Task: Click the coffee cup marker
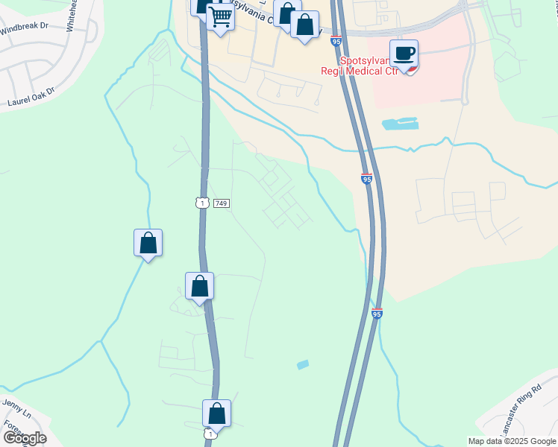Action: (404, 54)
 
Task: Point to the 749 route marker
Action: (220, 203)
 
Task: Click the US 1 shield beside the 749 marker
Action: (201, 203)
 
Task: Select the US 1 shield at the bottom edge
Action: (211, 434)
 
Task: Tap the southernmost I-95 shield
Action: (377, 314)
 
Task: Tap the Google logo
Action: (25, 438)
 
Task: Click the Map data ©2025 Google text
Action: (511, 441)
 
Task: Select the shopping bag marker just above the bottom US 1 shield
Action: (216, 413)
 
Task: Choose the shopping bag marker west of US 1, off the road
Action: (148, 243)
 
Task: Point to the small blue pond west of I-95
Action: (302, 364)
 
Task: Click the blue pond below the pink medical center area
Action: (400, 123)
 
